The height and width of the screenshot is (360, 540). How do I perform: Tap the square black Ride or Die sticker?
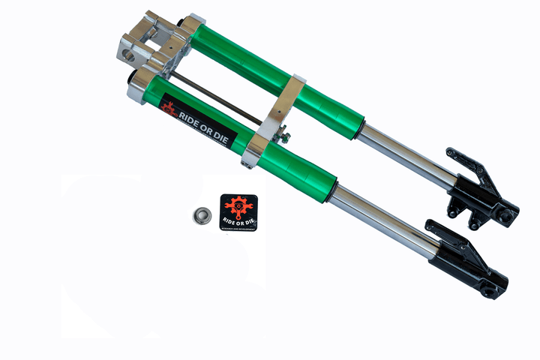click(x=238, y=212)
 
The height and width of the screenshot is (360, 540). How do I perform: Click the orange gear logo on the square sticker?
click(x=239, y=205)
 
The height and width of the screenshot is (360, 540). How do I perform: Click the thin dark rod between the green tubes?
click(x=217, y=96)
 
